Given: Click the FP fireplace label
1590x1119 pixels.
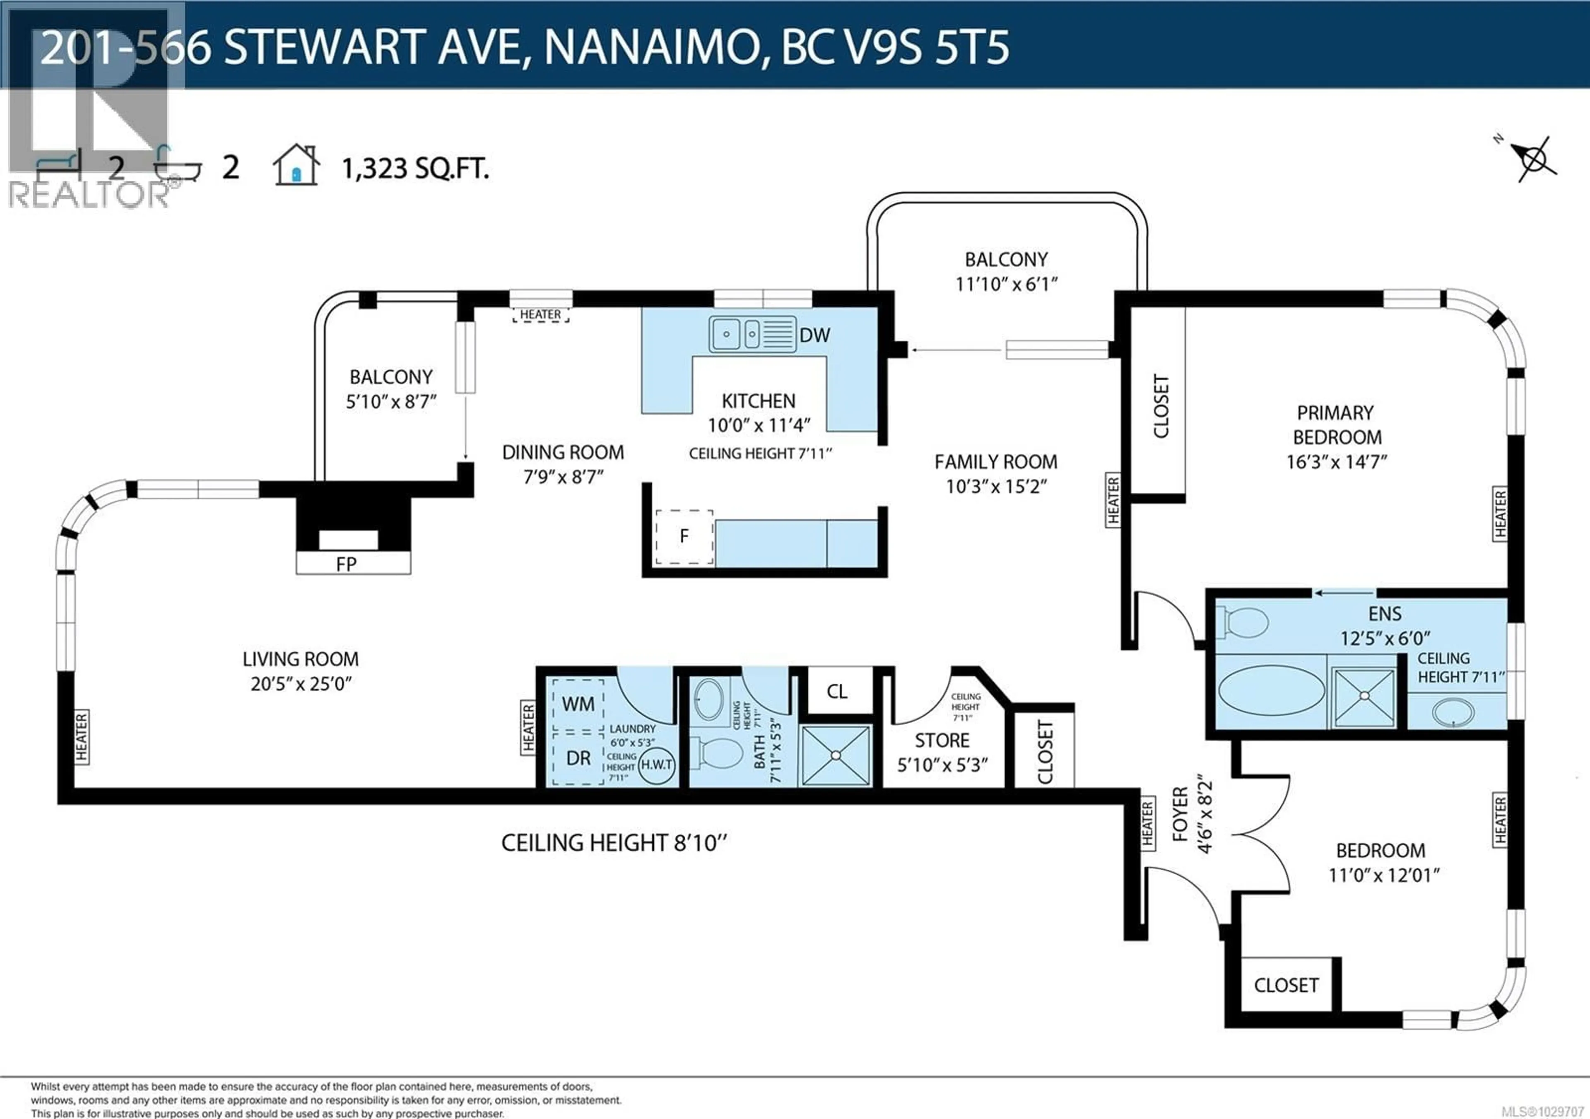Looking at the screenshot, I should click(x=346, y=564).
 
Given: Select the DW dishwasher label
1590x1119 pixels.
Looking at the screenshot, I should click(x=814, y=335).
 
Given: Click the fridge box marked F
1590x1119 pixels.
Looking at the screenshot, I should click(x=684, y=537).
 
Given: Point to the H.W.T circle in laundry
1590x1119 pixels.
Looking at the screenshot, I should click(x=656, y=764).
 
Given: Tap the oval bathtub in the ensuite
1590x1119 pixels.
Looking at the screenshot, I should click(x=1271, y=690).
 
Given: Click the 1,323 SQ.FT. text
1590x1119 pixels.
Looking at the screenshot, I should click(x=415, y=168).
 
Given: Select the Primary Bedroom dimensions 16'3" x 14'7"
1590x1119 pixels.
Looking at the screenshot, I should click(x=1337, y=462).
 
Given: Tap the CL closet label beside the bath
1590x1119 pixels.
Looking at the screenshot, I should click(x=836, y=691).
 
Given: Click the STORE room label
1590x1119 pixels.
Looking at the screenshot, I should click(x=942, y=740).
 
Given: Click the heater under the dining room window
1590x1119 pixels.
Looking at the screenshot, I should click(x=540, y=315).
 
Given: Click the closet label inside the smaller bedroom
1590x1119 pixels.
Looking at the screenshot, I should click(x=1286, y=985).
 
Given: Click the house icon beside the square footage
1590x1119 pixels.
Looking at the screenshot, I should click(x=296, y=166).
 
